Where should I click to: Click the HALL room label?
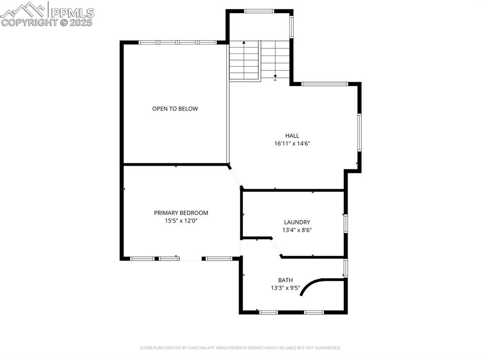292,136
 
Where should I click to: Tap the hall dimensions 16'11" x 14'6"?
292,144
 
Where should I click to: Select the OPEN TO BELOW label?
175,109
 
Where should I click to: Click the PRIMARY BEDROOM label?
181,213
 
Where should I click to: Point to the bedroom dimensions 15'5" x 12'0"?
181,221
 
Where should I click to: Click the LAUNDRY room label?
297,222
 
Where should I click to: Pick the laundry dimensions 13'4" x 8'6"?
297,230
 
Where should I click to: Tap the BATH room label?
285,280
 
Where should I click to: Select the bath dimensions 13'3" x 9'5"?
285,288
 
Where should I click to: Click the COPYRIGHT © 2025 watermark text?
47,22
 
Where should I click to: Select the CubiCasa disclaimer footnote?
240,348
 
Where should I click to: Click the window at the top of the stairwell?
259,11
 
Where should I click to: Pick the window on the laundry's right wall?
345,223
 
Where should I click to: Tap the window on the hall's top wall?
324,84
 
